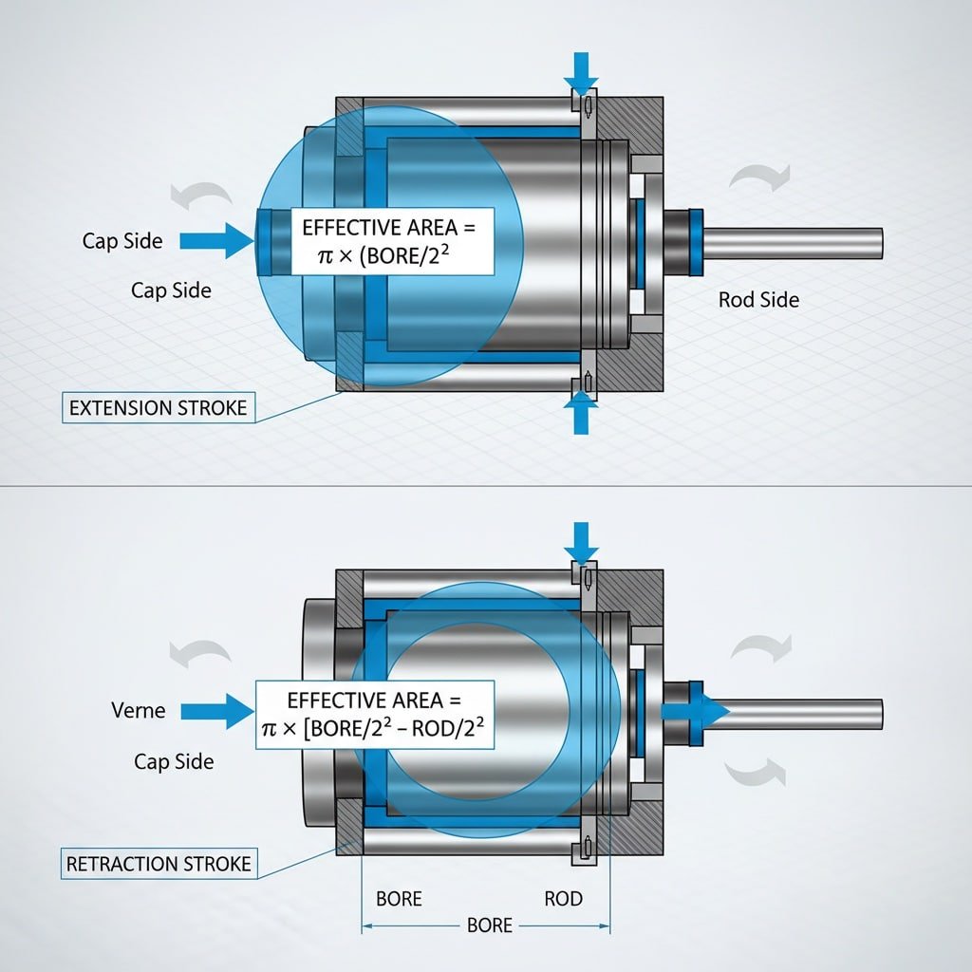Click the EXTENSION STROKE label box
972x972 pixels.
pyautogui.click(x=158, y=409)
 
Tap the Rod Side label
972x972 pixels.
pyautogui.click(x=758, y=300)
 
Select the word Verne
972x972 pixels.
pyautogui.click(x=138, y=710)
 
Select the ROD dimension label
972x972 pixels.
pyautogui.click(x=564, y=898)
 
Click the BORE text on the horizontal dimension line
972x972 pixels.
pyautogui.click(x=490, y=925)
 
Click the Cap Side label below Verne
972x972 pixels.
pyautogui.click(x=174, y=761)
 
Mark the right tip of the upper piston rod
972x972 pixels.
pyautogui.click(x=880, y=244)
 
